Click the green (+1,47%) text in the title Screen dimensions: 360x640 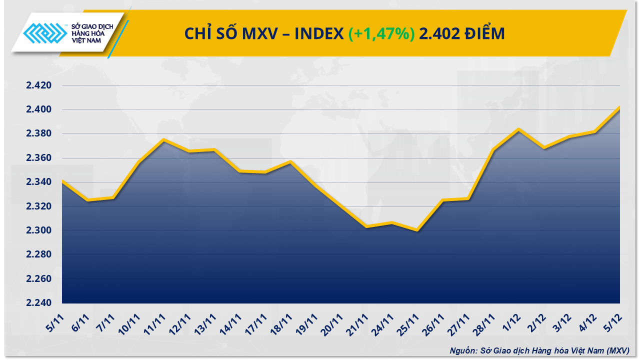click(381, 33)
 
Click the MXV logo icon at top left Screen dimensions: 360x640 click(45, 34)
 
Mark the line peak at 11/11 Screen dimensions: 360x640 click(163, 139)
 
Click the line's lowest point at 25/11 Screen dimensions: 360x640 click(417, 230)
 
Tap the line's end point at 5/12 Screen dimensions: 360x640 click(619, 107)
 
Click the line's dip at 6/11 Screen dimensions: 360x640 click(87, 200)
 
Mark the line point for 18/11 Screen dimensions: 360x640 click(290, 161)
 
